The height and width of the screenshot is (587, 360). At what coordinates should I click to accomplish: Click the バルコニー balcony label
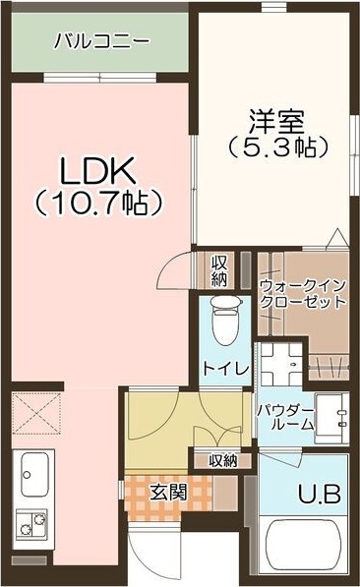pos(101,41)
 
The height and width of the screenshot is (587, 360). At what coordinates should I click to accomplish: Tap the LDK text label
pos(97,170)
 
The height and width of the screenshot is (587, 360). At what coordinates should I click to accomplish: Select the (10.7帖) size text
pos(98,203)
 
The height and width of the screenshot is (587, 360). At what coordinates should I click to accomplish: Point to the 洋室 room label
pos(277,122)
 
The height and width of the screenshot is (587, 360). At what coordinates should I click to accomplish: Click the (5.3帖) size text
pos(278,147)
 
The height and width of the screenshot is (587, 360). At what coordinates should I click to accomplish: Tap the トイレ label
pos(226,369)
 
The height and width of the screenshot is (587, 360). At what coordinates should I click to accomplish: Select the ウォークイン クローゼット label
pos(302,294)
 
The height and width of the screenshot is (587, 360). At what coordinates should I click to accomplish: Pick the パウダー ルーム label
pos(286,417)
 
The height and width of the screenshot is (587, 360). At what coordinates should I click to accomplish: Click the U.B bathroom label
pos(320,494)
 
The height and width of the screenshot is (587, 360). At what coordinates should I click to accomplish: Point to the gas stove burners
pos(32,524)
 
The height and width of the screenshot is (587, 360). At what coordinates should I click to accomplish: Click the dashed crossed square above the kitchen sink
pos(36,413)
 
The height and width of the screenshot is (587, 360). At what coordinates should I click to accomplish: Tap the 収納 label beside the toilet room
pos(220,271)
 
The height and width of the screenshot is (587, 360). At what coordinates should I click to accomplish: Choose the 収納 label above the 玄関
pos(222,461)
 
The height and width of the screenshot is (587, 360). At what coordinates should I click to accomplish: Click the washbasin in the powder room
pos(331,418)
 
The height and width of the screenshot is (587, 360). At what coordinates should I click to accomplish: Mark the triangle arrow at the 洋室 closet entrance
pos(339,239)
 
